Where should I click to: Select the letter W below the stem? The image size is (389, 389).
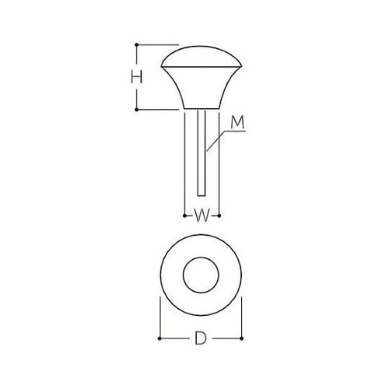click(x=201, y=215)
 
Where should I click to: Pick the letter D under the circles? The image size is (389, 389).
click(x=201, y=340)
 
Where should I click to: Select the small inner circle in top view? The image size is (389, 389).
click(x=201, y=276)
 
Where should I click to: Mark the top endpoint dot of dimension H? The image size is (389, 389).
click(x=137, y=44)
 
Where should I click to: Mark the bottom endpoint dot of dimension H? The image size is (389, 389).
click(x=137, y=110)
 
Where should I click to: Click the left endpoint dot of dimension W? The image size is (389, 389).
click(x=182, y=213)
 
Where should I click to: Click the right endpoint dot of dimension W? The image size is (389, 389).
click(x=220, y=213)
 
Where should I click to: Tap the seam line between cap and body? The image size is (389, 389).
click(x=201, y=70)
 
